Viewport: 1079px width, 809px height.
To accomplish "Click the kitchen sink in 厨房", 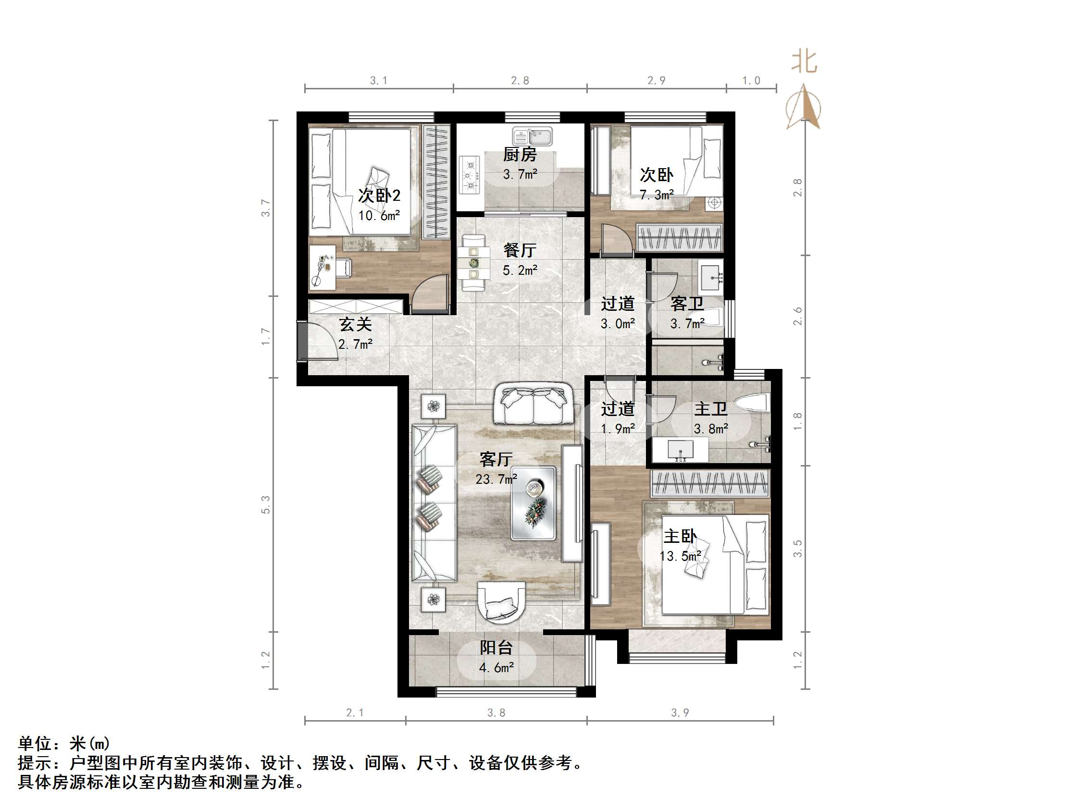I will (x=532, y=136).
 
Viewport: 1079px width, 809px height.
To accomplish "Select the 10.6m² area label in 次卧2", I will (x=379, y=216).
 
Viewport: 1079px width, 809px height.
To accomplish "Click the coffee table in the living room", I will (x=533, y=503).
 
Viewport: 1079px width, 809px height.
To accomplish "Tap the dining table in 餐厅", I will (x=473, y=263).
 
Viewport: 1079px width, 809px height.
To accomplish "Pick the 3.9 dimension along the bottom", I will (x=680, y=713).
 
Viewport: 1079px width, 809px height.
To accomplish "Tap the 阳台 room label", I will (x=496, y=648).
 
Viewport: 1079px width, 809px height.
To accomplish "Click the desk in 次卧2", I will (x=322, y=267).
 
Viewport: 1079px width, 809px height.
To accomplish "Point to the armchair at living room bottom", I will (x=502, y=603).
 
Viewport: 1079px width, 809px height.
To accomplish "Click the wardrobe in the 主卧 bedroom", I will (x=710, y=484).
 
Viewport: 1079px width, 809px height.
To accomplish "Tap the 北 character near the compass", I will (x=804, y=62).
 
